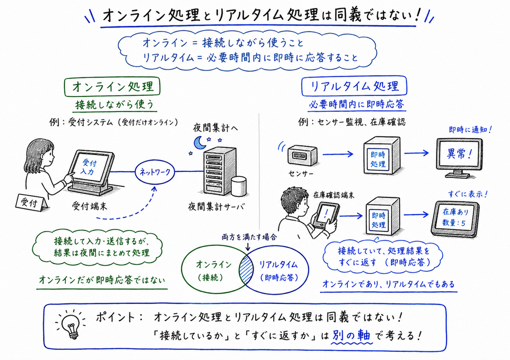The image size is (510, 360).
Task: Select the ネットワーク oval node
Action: click(155, 172)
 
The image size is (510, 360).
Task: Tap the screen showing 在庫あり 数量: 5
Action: click(456, 217)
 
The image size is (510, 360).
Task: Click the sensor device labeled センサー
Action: click(300, 155)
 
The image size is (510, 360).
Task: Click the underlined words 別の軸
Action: click(351, 337)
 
